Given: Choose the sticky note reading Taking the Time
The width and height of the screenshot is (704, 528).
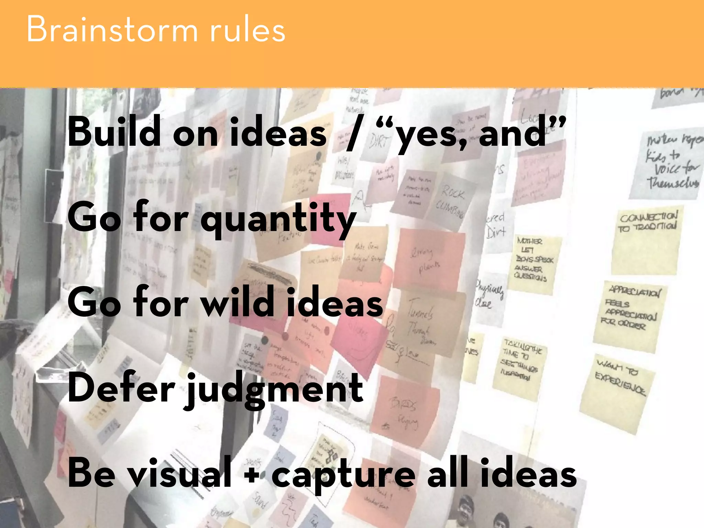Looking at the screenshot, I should (519, 366).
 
